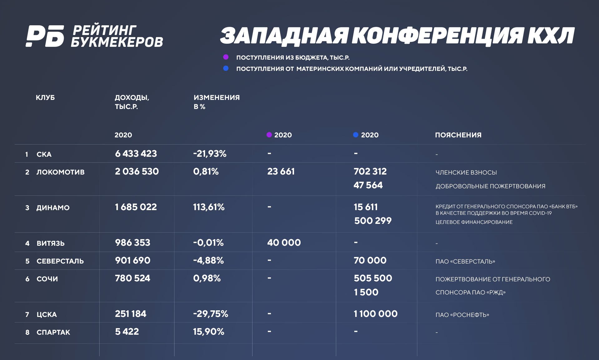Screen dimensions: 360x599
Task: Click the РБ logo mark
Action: (x=45, y=36)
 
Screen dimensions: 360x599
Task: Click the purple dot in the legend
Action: (x=226, y=57)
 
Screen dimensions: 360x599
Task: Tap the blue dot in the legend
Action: (x=226, y=68)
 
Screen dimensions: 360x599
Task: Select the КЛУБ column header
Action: (x=45, y=97)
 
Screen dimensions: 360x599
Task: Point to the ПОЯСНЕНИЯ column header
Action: (x=458, y=135)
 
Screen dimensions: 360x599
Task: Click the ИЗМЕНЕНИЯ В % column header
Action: (x=216, y=102)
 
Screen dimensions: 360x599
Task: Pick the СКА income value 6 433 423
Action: (x=136, y=154)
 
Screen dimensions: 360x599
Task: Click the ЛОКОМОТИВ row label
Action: (x=60, y=172)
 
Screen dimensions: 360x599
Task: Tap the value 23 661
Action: (x=281, y=171)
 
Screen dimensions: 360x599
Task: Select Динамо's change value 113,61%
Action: (x=209, y=207)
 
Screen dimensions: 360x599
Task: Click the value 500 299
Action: (x=372, y=221)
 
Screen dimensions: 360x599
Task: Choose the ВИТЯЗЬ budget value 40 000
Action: (x=284, y=243)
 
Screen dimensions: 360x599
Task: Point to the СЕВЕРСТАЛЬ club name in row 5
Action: (x=60, y=261)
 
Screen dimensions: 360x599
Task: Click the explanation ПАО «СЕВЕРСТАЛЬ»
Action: (x=465, y=261)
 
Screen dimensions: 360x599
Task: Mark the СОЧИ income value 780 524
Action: (x=132, y=278)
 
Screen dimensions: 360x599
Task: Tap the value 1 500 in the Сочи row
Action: (x=366, y=292)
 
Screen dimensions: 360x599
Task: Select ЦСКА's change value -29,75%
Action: (x=210, y=314)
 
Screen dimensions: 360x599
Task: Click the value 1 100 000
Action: (x=376, y=314)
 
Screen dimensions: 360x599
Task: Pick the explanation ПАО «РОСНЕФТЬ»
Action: (x=462, y=315)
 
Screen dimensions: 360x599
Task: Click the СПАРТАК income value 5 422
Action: (x=127, y=332)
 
